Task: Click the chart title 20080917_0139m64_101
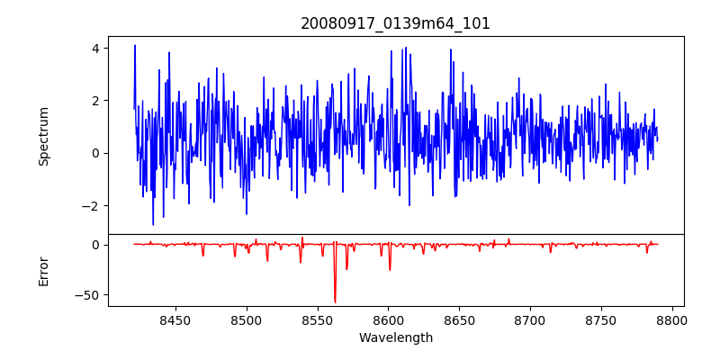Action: [x=396, y=23]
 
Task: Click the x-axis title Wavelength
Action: [x=396, y=337]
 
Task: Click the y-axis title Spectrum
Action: [x=44, y=136]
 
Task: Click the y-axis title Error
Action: [x=44, y=271]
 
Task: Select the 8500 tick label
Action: [x=246, y=319]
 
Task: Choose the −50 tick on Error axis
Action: [x=90, y=294]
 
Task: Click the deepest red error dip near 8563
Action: [x=335, y=301]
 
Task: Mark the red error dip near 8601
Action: [x=390, y=269]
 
